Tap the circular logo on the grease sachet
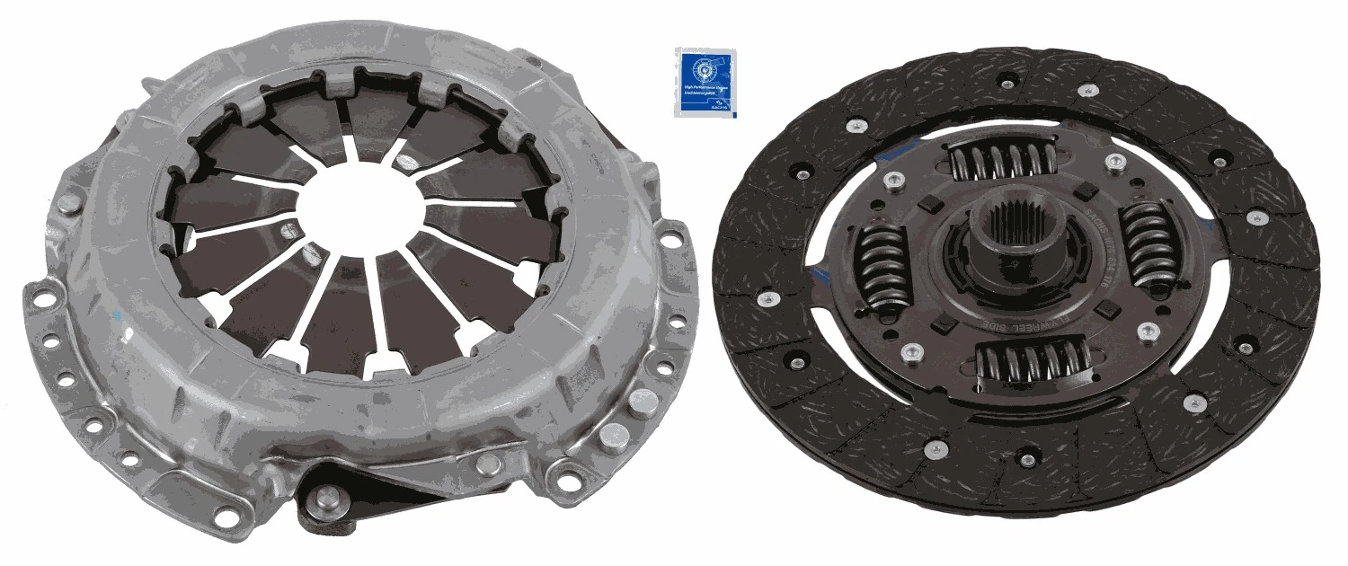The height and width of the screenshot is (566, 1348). click(x=703, y=68)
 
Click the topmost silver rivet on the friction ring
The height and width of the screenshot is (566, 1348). click(x=1085, y=89)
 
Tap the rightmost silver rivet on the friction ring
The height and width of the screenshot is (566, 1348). click(x=1257, y=218)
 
